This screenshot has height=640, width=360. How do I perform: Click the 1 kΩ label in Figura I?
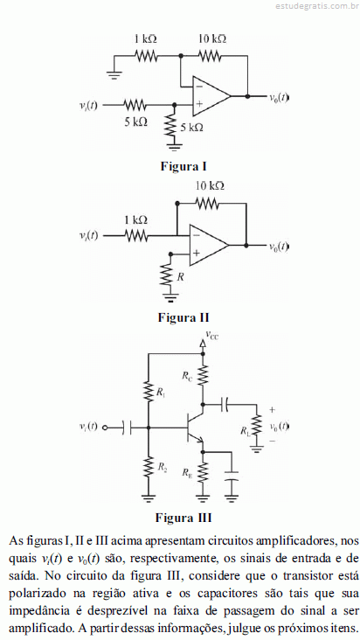click(146, 39)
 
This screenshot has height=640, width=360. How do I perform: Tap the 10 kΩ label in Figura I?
click(212, 39)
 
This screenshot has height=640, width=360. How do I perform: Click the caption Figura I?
click(183, 166)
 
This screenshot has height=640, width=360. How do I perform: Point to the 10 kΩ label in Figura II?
click(210, 186)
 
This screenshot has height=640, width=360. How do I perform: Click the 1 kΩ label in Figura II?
click(135, 220)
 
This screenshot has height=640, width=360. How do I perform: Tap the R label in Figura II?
click(180, 277)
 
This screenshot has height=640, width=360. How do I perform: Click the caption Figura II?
click(183, 317)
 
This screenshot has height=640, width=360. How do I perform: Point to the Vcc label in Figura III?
click(212, 336)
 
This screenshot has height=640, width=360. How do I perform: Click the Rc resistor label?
click(187, 376)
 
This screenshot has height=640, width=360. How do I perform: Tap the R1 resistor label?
click(161, 393)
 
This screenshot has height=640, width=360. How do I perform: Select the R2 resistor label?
click(163, 467)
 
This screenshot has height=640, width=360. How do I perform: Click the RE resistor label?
click(188, 473)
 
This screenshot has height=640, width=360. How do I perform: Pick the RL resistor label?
click(245, 431)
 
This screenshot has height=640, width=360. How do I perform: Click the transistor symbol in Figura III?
click(195, 428)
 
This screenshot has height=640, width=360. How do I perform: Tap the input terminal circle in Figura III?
click(105, 428)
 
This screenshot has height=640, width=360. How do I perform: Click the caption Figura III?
click(183, 518)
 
